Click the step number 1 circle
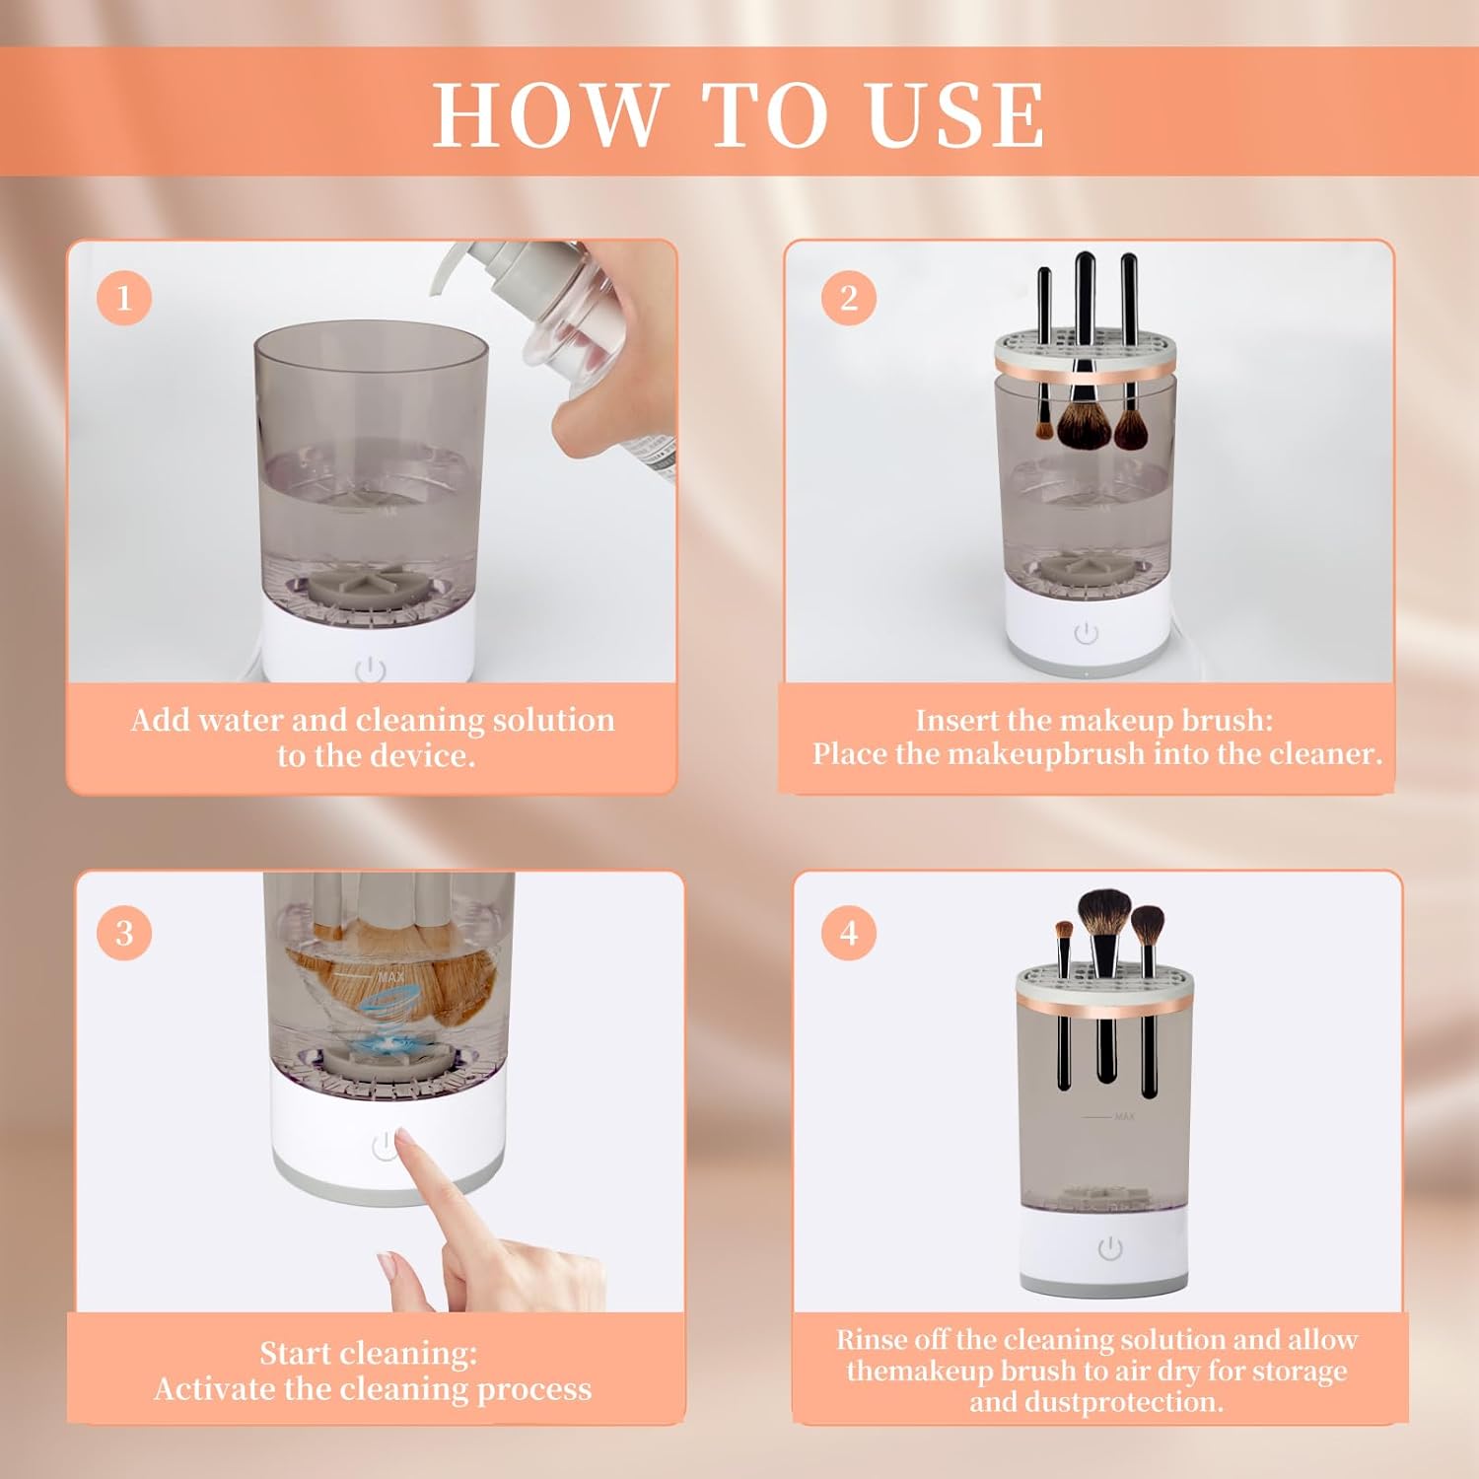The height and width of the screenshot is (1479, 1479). point(124,297)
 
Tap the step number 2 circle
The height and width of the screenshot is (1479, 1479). point(849,297)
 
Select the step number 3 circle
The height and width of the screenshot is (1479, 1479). point(124,932)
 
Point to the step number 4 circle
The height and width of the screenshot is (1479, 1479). point(849,932)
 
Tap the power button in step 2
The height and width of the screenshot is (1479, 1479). point(1087,632)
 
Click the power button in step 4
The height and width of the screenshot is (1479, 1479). point(1110,1248)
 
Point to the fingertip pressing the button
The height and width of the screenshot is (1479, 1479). point(403,1144)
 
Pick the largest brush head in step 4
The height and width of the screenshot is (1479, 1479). point(1104,914)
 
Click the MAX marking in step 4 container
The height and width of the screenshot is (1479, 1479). point(1124,1116)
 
